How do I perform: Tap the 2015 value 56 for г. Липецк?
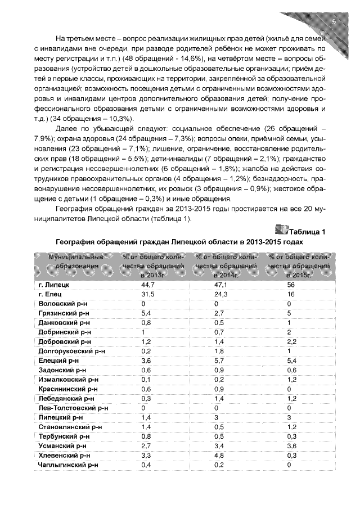pyautogui.click(x=291, y=285)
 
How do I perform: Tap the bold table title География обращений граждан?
pyautogui.click(x=179, y=241)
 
